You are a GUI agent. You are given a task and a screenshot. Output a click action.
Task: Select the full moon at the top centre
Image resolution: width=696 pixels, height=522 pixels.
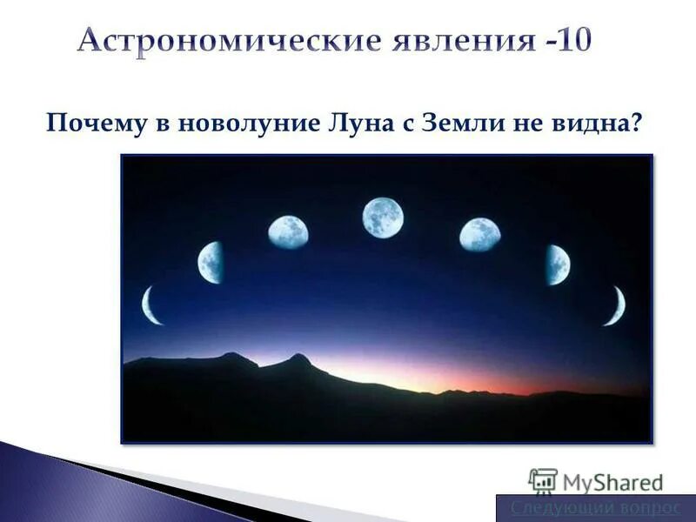[x=383, y=217]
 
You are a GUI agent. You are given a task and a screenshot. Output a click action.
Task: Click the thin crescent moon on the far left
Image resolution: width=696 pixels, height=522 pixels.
[x=151, y=305]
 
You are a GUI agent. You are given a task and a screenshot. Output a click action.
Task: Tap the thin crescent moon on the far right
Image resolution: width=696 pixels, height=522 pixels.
[x=615, y=305]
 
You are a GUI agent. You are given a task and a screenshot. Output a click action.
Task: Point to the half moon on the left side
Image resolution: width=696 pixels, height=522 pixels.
[x=211, y=263]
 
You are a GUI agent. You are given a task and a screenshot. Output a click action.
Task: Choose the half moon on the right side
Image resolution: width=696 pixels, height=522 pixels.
[x=557, y=264]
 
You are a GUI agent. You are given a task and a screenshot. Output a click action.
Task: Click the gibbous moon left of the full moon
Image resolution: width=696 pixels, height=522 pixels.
[x=288, y=233]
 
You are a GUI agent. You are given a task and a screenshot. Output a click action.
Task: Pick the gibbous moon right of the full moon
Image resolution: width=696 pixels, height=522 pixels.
[x=479, y=235]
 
